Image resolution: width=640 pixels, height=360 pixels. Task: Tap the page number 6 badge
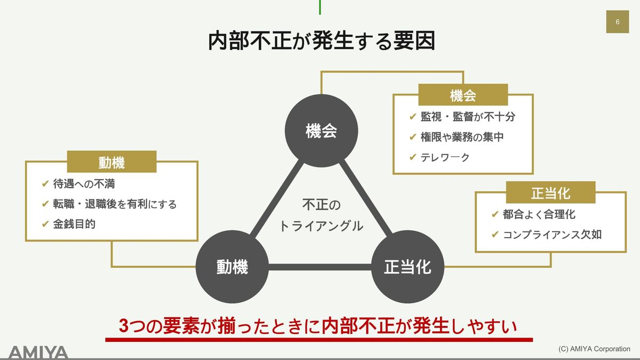click(617, 22)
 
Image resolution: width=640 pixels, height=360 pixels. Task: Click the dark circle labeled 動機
click(233, 267)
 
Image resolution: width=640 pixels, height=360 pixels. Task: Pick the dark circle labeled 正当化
click(407, 267)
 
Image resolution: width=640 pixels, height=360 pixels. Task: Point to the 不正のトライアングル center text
click(321, 215)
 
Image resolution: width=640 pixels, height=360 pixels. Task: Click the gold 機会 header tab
click(462, 95)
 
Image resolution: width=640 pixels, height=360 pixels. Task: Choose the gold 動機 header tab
click(111, 162)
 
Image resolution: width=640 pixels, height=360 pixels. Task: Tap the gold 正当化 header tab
click(550, 193)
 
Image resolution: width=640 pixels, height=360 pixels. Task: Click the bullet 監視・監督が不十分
click(468, 116)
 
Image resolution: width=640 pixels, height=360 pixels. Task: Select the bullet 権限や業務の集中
click(462, 137)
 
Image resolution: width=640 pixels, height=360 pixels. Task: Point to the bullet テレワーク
click(445, 157)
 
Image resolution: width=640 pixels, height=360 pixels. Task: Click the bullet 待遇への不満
click(84, 184)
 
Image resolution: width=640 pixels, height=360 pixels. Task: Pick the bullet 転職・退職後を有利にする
click(115, 204)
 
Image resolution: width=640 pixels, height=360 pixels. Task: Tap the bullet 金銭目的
click(74, 224)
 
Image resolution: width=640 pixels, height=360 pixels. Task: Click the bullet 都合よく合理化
click(539, 214)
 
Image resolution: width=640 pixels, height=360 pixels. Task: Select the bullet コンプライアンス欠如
click(552, 234)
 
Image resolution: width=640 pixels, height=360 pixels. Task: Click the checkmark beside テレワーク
click(412, 157)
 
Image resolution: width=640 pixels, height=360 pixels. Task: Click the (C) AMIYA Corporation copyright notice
click(594, 349)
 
